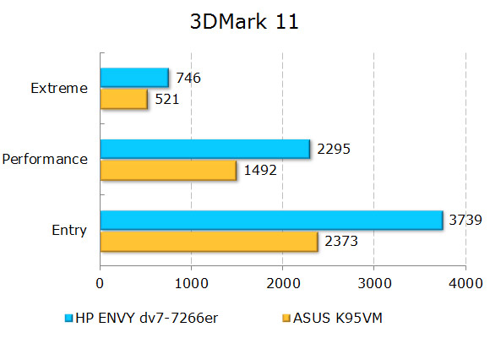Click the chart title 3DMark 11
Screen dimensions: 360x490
[x=244, y=23]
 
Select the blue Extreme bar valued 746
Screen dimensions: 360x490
[x=134, y=78]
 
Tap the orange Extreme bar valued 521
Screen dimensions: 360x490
[x=124, y=99]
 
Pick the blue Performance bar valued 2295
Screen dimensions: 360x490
[x=205, y=149]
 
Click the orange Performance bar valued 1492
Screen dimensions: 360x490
[x=168, y=170]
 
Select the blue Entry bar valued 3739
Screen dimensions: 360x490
[x=271, y=220]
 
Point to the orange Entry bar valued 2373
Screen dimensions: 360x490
[x=209, y=241]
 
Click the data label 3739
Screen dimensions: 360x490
[x=465, y=221]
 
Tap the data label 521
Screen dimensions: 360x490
[x=166, y=100]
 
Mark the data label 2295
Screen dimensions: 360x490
[x=334, y=150]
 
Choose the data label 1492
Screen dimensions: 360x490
[x=260, y=171]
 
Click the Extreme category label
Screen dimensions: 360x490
[x=58, y=88]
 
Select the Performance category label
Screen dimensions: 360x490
[x=45, y=159]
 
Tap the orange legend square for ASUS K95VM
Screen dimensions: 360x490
[x=285, y=319]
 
